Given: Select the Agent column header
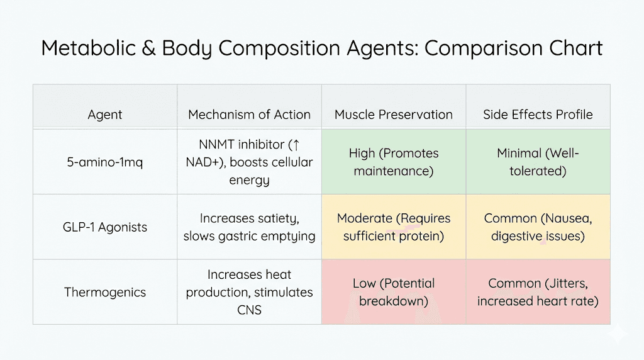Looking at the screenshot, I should [105, 115].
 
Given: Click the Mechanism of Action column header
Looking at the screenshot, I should [249, 115].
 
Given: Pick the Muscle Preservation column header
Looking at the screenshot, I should [394, 115].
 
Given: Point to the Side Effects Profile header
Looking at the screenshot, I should [538, 115].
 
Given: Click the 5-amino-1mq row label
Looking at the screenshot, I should [105, 162].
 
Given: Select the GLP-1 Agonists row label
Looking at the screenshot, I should [105, 227].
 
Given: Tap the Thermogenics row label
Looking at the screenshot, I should [105, 292].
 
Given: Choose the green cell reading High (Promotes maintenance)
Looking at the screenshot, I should [394, 162].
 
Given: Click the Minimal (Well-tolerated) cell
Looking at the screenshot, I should [538, 162].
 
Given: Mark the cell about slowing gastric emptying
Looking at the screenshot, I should [249, 227].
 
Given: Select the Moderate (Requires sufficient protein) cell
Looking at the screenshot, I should [394, 227].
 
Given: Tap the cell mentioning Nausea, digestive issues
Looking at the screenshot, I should [538, 227].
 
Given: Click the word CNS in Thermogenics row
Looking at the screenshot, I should [249, 310].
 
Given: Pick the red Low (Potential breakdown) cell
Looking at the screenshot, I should [394, 292].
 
